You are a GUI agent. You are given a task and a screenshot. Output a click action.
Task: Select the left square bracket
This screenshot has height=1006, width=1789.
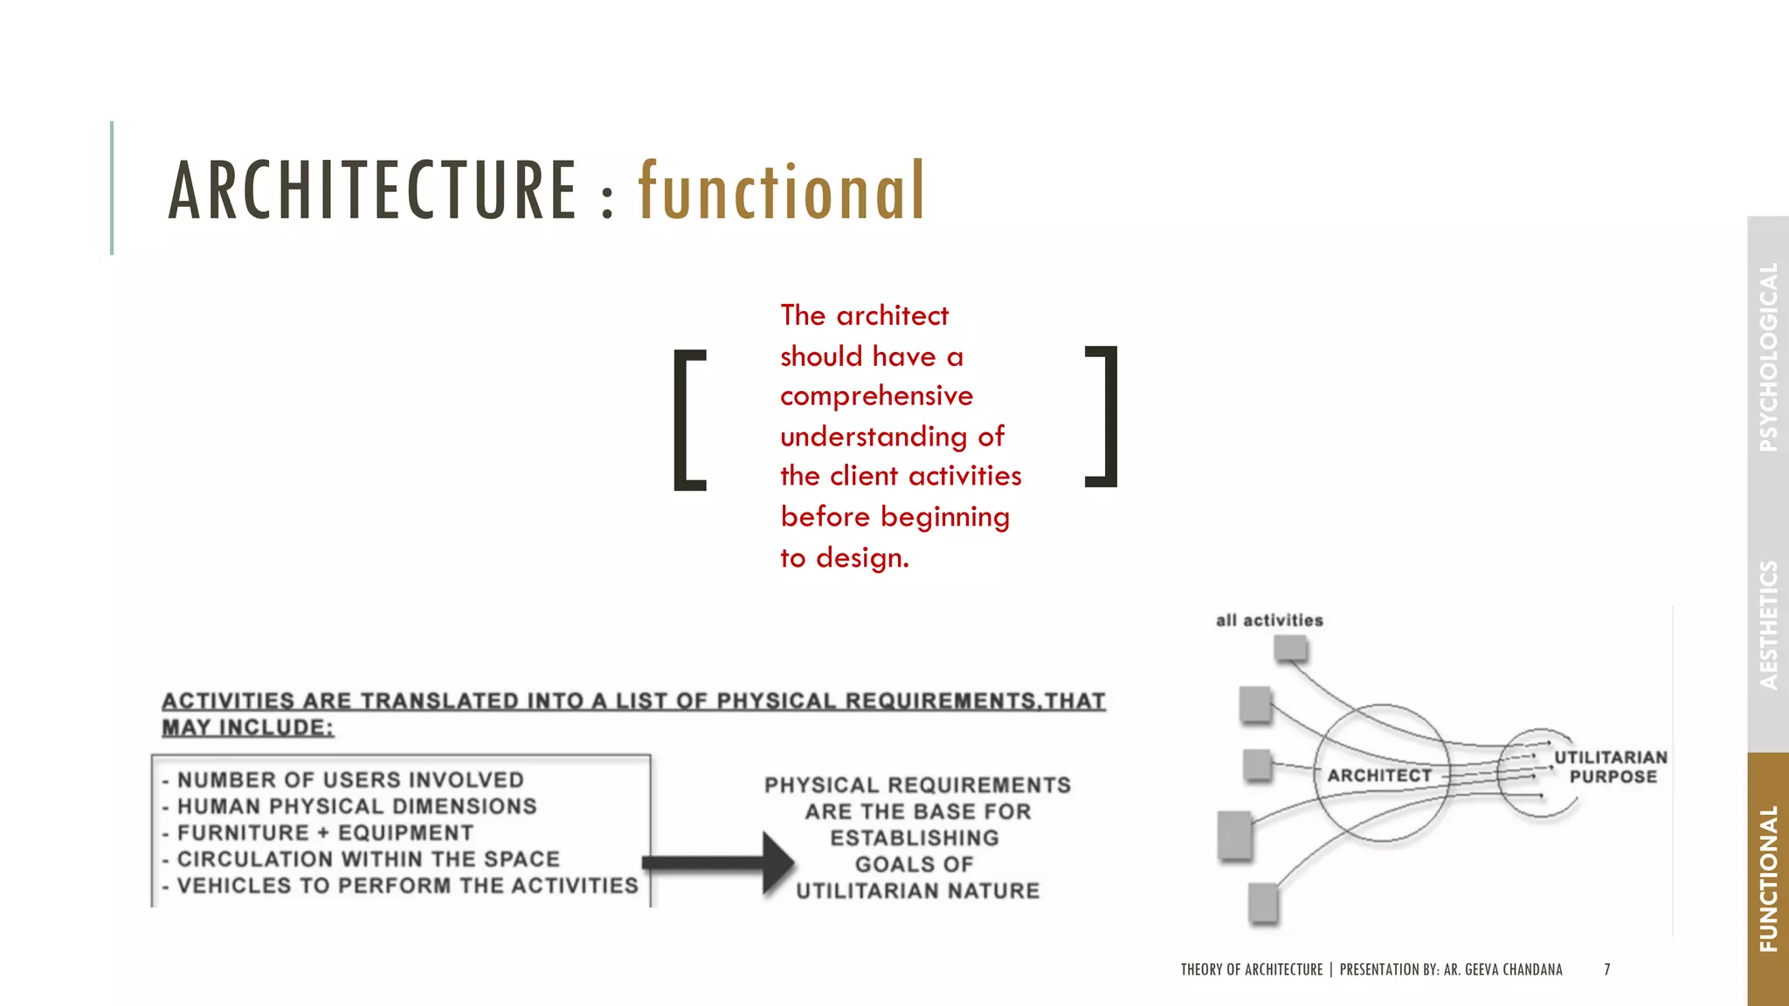689,419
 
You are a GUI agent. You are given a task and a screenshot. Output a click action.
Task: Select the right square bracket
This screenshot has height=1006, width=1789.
1102,416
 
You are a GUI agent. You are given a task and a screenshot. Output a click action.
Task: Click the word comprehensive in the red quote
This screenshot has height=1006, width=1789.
876,396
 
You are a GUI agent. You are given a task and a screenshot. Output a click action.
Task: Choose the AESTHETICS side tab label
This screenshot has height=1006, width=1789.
1769,624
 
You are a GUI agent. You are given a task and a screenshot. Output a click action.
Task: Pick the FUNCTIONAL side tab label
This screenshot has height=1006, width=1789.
1769,879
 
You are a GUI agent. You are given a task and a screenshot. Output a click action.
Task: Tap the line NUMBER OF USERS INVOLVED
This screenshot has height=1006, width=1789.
350,780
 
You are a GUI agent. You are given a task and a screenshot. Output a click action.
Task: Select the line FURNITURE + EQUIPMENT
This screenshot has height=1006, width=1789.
325,833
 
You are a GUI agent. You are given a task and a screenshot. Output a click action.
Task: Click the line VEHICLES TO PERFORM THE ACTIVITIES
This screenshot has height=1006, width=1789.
407,885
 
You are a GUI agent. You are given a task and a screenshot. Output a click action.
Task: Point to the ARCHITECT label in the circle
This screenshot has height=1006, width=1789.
1379,775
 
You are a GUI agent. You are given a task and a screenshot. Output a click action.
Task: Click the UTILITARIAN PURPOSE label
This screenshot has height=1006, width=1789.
1611,767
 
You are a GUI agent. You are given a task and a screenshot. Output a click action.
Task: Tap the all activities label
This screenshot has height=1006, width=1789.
1269,621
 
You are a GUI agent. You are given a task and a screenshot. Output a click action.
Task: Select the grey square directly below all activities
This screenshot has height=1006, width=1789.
1290,648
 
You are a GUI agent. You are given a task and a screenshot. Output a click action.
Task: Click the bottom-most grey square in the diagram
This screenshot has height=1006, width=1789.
1263,902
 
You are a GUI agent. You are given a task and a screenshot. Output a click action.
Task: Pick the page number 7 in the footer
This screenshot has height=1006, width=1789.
1606,969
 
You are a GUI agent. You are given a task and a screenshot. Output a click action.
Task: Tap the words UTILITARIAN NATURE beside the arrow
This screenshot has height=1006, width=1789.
917,891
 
